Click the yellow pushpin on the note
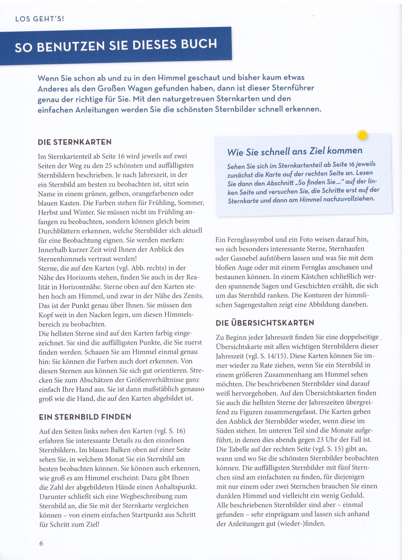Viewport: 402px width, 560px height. pyautogui.click(x=362, y=135)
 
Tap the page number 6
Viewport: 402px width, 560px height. pyautogui.click(x=41, y=543)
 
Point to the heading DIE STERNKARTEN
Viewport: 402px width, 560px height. pyautogui.click(x=74, y=142)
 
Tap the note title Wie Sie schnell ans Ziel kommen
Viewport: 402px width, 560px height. pyautogui.click(x=294, y=151)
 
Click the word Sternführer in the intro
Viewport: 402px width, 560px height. pyautogui.click(x=287, y=88)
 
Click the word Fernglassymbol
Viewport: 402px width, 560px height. pyautogui.click(x=250, y=239)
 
